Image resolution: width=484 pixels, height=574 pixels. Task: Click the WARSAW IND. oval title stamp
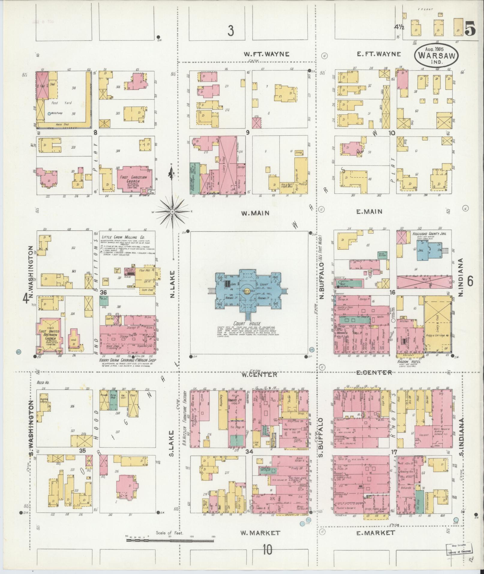(437, 54)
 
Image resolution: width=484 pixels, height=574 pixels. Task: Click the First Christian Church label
(134, 179)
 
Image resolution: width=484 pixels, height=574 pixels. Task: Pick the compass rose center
(173, 212)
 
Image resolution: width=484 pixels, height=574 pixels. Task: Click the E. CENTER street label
(374, 372)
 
